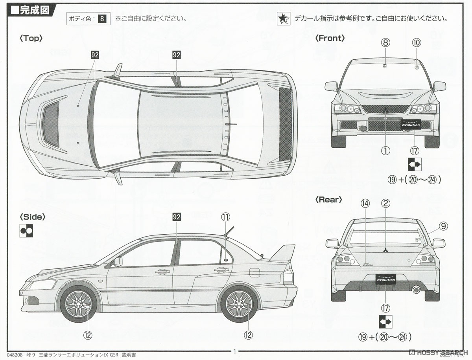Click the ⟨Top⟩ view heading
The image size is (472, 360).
[31, 38]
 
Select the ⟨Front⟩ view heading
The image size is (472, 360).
[330, 38]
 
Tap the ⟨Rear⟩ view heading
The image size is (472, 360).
[328, 200]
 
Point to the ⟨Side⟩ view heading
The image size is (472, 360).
[33, 217]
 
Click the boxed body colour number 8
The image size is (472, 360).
[102, 18]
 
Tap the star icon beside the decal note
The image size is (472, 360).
[283, 18]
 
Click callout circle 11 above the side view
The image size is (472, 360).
[225, 217]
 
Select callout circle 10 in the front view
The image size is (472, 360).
[417, 42]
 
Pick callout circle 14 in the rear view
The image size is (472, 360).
[365, 203]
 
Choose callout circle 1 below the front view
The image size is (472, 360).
[385, 150]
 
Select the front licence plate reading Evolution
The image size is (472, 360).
[410, 125]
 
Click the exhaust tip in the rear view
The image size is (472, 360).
[416, 290]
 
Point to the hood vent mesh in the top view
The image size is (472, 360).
[51, 124]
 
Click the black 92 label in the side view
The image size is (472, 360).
[176, 217]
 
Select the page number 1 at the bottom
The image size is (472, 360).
[234, 351]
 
